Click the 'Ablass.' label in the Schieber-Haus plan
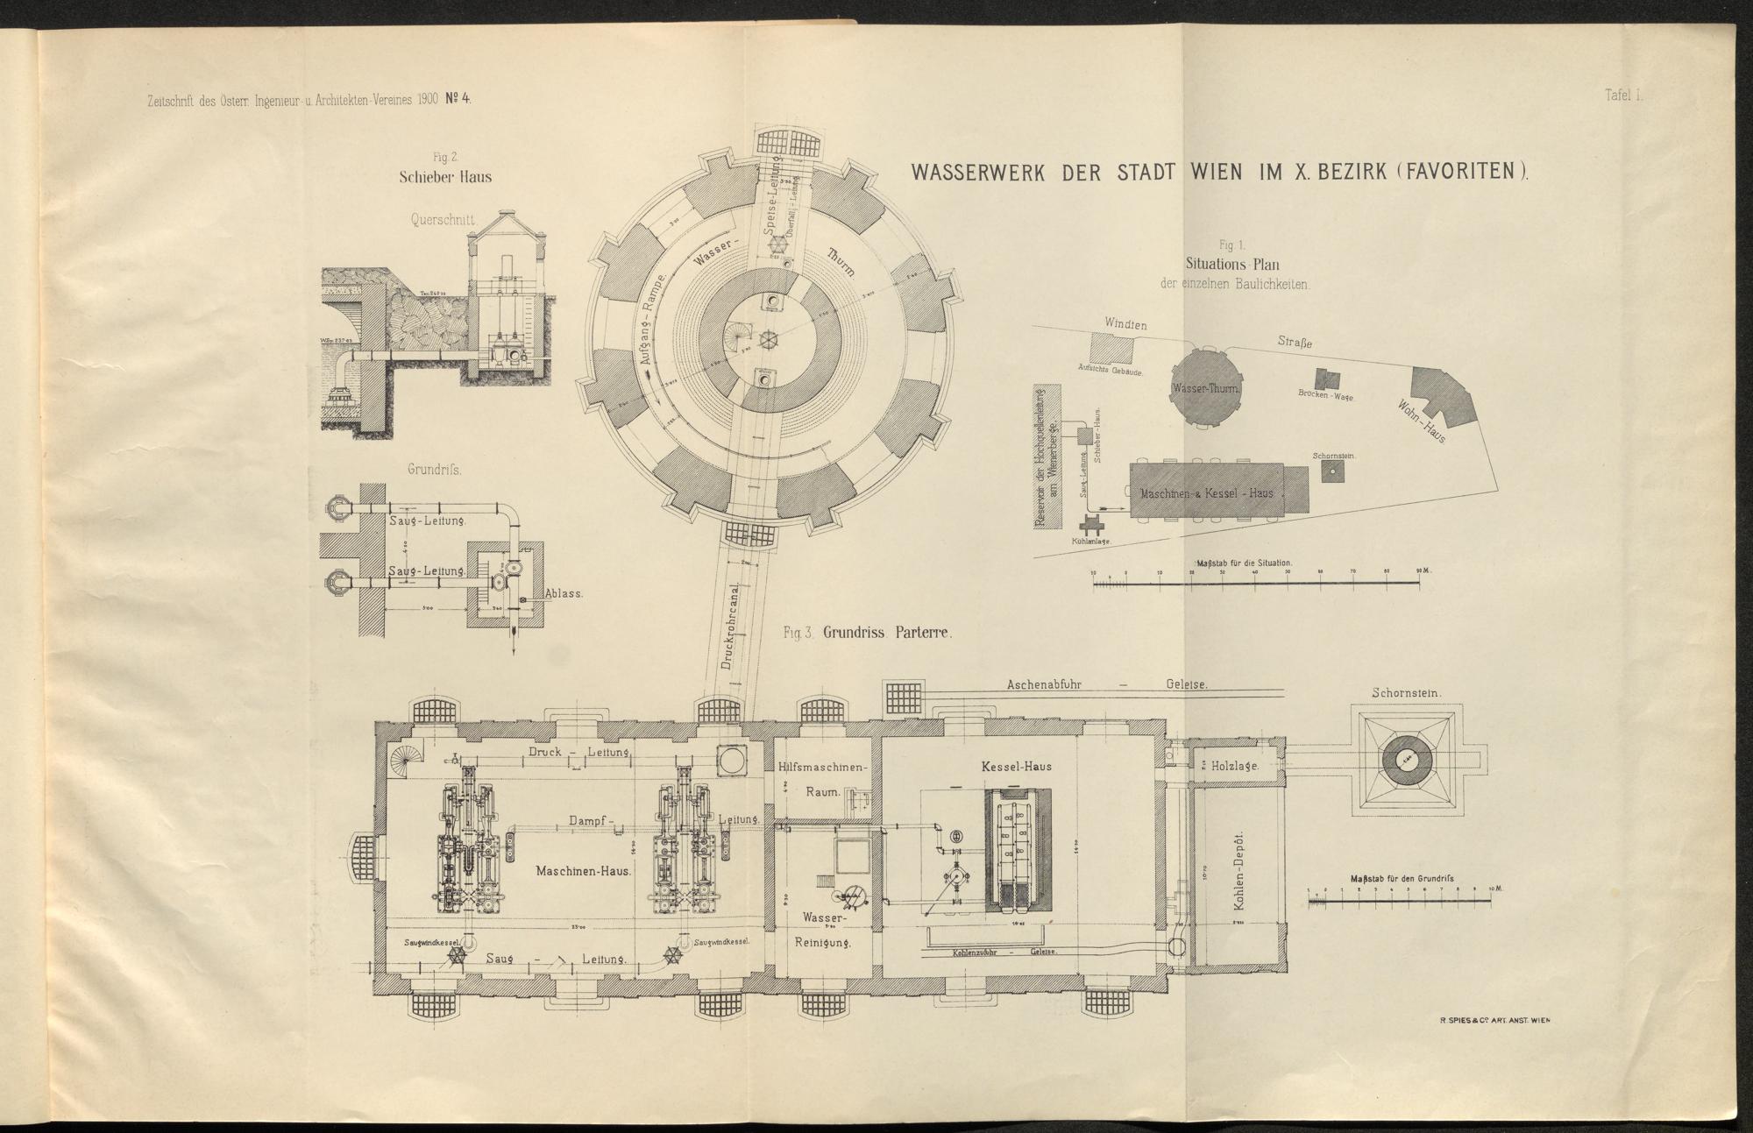pyautogui.click(x=564, y=592)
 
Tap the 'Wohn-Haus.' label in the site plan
pyautogui.click(x=1422, y=420)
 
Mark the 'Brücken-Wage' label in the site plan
pyautogui.click(x=1325, y=396)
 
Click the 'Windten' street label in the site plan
pyautogui.click(x=1125, y=324)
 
